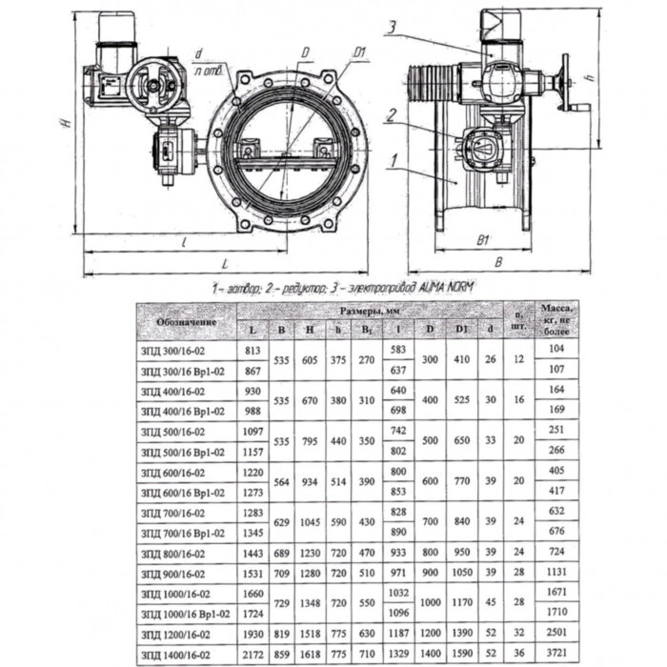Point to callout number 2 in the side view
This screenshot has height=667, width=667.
(391, 116)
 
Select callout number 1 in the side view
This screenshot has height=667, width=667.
(392, 163)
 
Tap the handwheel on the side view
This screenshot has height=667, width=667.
(571, 82)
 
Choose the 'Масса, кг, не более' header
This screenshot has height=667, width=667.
(556, 321)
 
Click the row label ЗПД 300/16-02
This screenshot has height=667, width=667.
(173, 351)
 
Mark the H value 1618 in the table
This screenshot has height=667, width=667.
(311, 653)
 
